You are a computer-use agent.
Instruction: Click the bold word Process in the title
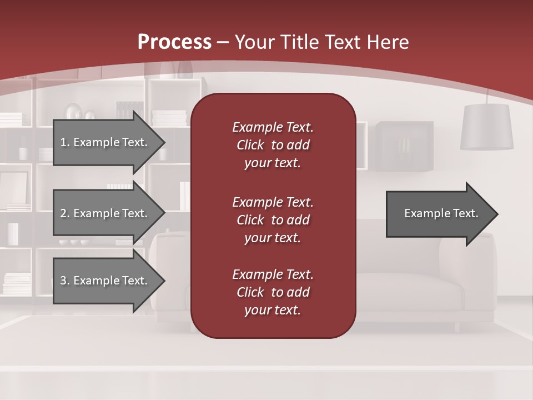pyautogui.click(x=174, y=42)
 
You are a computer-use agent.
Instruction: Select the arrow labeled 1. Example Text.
pyautogui.click(x=105, y=142)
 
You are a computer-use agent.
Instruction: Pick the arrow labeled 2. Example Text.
pyautogui.click(x=105, y=213)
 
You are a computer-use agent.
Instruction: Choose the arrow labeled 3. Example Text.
pyautogui.click(x=105, y=281)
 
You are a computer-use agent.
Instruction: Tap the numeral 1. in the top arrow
pyautogui.click(x=65, y=142)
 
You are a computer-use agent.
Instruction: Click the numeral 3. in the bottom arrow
pyautogui.click(x=65, y=281)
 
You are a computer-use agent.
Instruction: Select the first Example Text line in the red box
pyautogui.click(x=273, y=127)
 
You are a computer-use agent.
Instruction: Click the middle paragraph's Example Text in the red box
pyautogui.click(x=273, y=202)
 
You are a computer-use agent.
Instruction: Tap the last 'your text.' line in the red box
pyautogui.click(x=273, y=311)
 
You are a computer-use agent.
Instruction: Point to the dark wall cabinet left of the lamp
pyautogui.click(x=404, y=146)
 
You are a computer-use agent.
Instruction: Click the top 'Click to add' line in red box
pyautogui.click(x=273, y=145)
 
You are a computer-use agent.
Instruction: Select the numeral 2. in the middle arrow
pyautogui.click(x=65, y=213)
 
